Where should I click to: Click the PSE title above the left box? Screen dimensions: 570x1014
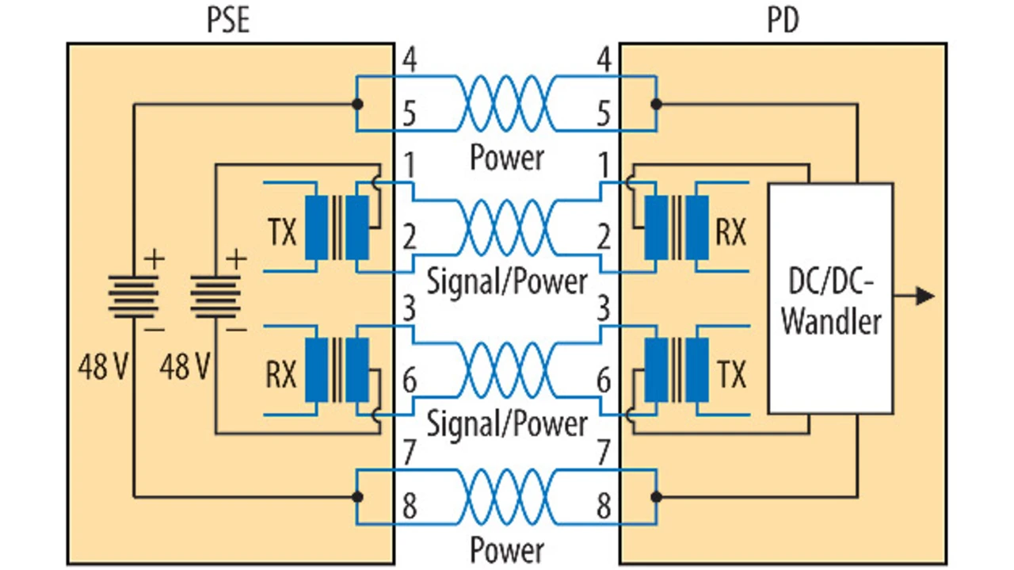(228, 19)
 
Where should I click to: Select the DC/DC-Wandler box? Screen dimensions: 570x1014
(830, 298)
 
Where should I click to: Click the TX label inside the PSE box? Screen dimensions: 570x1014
(280, 232)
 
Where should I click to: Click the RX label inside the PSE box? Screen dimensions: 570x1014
(280, 373)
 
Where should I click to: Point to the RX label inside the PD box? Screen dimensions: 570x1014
(730, 232)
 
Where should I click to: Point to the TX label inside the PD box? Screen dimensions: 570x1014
(730, 373)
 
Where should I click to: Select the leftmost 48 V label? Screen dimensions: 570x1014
(103, 366)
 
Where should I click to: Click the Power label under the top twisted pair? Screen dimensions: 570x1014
(507, 156)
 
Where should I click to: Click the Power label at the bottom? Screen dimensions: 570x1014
(507, 549)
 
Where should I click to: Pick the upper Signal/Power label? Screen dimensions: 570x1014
(507, 281)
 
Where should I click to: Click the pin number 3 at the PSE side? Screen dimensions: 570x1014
(409, 308)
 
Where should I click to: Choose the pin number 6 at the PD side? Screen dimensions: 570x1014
(604, 381)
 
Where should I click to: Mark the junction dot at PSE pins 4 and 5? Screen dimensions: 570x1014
(357, 104)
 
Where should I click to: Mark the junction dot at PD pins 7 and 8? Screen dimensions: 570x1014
(656, 497)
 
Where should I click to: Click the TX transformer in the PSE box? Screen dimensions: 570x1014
(337, 228)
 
